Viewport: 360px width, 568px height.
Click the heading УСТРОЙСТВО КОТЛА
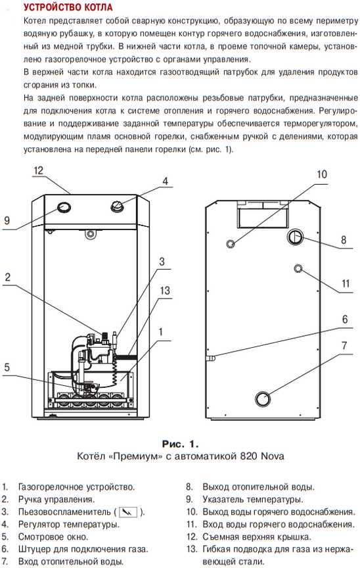[x=68, y=7]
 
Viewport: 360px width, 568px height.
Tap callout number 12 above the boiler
[x=38, y=170]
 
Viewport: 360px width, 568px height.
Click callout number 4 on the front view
[x=165, y=181]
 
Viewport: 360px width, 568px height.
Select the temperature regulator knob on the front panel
[x=117, y=206]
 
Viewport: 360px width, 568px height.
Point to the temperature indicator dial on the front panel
[x=63, y=208]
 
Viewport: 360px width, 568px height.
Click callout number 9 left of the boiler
[x=7, y=221]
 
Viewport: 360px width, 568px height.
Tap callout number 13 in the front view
[x=165, y=291]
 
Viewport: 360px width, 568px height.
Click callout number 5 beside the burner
[x=7, y=367]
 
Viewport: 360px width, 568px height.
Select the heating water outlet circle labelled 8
[x=296, y=237]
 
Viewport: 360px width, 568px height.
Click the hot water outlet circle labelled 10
[x=231, y=243]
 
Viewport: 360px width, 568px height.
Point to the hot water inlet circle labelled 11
[x=298, y=269]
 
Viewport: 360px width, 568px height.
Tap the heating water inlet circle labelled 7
[x=263, y=398]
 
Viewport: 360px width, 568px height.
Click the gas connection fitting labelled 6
[x=212, y=358]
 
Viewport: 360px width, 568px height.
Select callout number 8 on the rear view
[x=344, y=239]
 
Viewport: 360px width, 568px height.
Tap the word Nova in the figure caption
[x=272, y=456]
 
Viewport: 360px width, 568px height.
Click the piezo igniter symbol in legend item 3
[x=128, y=512]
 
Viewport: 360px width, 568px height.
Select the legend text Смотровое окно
[x=53, y=537]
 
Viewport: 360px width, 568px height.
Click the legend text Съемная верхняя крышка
[x=257, y=537]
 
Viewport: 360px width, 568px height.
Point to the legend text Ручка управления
[x=56, y=500]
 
